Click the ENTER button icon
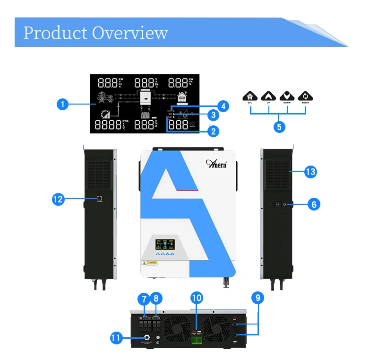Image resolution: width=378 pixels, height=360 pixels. coord(306,97)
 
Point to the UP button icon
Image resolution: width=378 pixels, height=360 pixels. coord(268,97)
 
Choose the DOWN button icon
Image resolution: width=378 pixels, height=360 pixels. coord(287,97)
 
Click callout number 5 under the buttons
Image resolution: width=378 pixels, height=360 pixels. coord(278,126)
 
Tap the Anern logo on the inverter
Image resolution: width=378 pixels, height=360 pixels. coord(217,163)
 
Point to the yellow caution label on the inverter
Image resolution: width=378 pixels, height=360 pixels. coord(150,263)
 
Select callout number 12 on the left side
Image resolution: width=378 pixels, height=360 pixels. coord(58,200)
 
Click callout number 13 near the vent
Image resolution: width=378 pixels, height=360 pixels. coord(310,171)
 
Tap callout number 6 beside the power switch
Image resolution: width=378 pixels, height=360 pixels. coord(314,204)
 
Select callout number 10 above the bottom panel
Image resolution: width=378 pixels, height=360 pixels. coord(197,298)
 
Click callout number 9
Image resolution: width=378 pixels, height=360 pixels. coord(258,298)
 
